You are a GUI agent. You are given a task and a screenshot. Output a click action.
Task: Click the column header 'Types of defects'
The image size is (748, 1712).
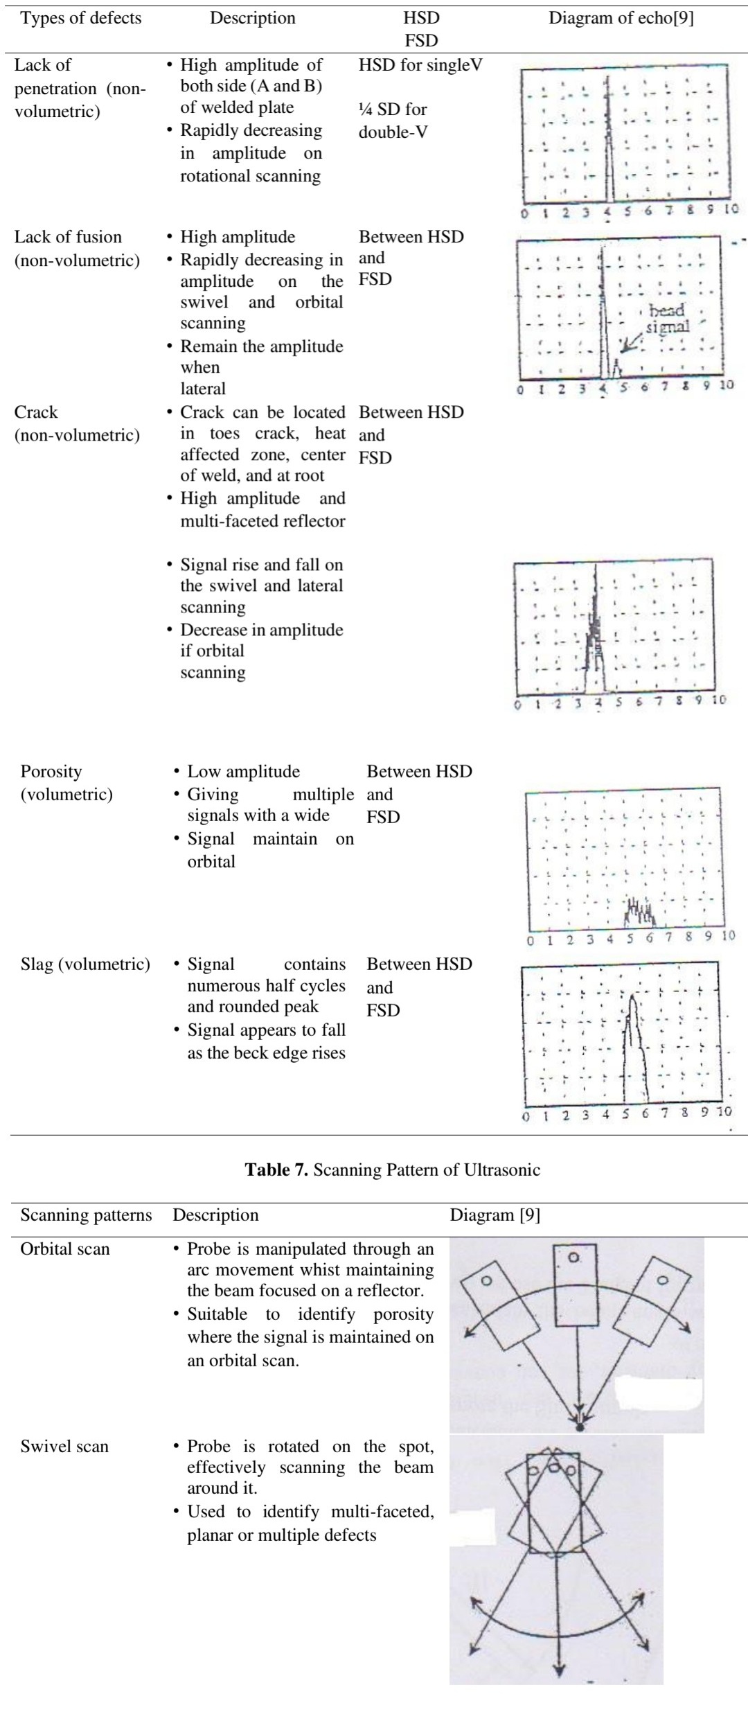coord(81,18)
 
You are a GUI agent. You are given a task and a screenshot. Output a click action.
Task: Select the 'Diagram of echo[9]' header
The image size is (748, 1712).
coord(621,18)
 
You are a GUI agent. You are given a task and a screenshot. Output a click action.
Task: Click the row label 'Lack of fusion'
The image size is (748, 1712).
coord(68,237)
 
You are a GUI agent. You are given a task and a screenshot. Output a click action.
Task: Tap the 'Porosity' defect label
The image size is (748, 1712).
coord(51,772)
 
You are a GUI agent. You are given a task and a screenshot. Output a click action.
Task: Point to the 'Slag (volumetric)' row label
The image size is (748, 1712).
coord(85,964)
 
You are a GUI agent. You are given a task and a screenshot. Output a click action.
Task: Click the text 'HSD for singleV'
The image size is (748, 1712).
coord(420,66)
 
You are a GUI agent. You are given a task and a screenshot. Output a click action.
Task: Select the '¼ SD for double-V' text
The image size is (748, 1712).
coord(393,121)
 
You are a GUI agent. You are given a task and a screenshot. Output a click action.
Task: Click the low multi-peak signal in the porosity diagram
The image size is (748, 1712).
coord(639,914)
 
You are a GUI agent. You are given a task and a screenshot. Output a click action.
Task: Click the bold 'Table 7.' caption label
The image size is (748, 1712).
coord(276,1170)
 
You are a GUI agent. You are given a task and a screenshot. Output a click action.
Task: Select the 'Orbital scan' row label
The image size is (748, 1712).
coord(65,1249)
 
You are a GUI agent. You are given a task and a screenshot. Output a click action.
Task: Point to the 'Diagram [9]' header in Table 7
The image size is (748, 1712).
coord(495,1215)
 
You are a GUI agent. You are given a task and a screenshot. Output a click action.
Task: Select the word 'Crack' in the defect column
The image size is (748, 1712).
coord(36,412)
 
